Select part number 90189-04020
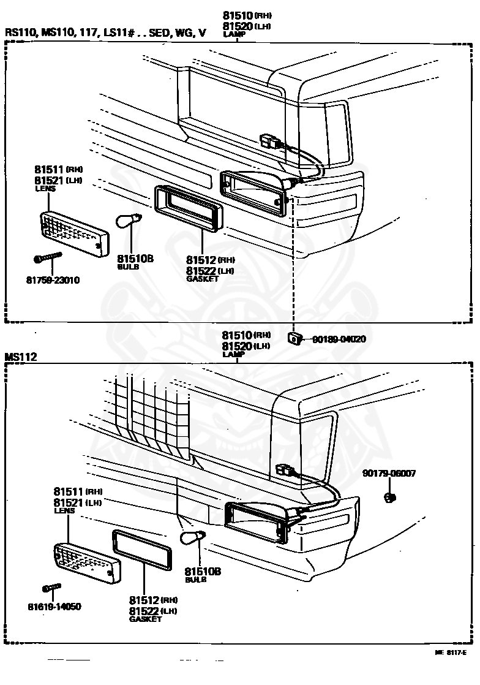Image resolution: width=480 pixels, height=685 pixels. click(x=339, y=339)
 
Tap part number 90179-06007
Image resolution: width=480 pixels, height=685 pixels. click(x=389, y=473)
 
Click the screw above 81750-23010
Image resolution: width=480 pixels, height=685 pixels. click(x=49, y=259)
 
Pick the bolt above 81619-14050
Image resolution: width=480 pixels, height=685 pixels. click(x=52, y=588)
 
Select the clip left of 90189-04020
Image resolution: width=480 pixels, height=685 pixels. click(x=294, y=338)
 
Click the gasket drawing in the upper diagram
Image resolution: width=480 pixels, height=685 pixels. click(x=190, y=208)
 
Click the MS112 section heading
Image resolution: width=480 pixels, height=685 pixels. click(x=21, y=357)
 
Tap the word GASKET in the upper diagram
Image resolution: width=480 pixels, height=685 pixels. click(x=201, y=278)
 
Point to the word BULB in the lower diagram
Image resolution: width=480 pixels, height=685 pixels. click(x=195, y=580)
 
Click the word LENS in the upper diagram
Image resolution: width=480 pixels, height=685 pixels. click(x=45, y=189)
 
